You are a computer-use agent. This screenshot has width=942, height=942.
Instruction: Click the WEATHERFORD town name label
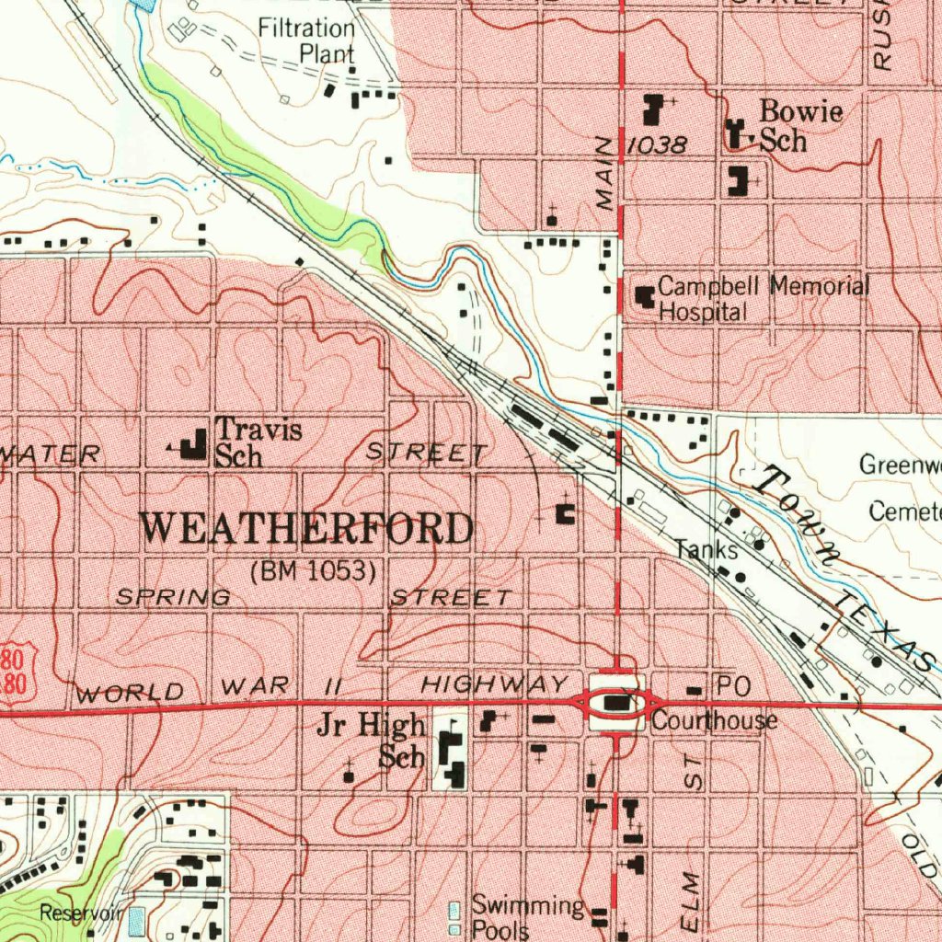pos(307,529)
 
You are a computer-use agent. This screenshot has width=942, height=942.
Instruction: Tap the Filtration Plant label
pos(306,40)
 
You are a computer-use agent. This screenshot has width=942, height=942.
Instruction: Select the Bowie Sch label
pos(787,126)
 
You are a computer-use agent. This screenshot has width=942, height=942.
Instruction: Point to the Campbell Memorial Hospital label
pos(763,298)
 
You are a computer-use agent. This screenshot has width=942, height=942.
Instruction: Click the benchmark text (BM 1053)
pos(314,571)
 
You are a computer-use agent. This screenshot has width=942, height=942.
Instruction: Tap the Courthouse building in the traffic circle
pos(618,705)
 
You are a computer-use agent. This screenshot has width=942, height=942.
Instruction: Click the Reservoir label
pos(81,913)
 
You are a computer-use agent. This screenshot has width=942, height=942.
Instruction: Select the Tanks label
pos(706,550)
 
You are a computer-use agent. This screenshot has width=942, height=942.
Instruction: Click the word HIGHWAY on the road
pos(495,684)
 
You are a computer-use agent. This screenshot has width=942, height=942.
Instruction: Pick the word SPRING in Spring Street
pos(173,597)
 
